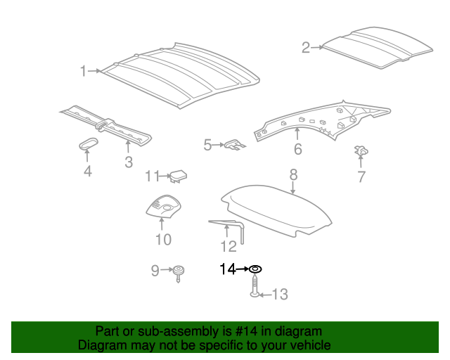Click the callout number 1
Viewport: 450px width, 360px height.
83,71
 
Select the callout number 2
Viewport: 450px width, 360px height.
306,48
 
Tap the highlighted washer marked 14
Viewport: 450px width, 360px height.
255,269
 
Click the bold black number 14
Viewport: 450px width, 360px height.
228,269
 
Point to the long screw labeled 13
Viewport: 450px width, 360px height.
255,285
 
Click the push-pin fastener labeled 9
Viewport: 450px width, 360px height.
178,274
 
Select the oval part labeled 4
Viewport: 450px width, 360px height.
89,143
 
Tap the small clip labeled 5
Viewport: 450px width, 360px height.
235,144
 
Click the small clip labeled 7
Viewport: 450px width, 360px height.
361,150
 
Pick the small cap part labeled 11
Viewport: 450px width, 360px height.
179,176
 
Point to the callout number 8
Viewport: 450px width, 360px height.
293,175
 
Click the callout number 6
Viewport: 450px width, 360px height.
298,149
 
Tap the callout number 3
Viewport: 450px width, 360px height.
129,162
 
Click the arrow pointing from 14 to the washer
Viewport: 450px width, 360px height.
242,269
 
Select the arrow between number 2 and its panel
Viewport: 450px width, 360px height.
317,47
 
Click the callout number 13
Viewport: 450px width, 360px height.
280,295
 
